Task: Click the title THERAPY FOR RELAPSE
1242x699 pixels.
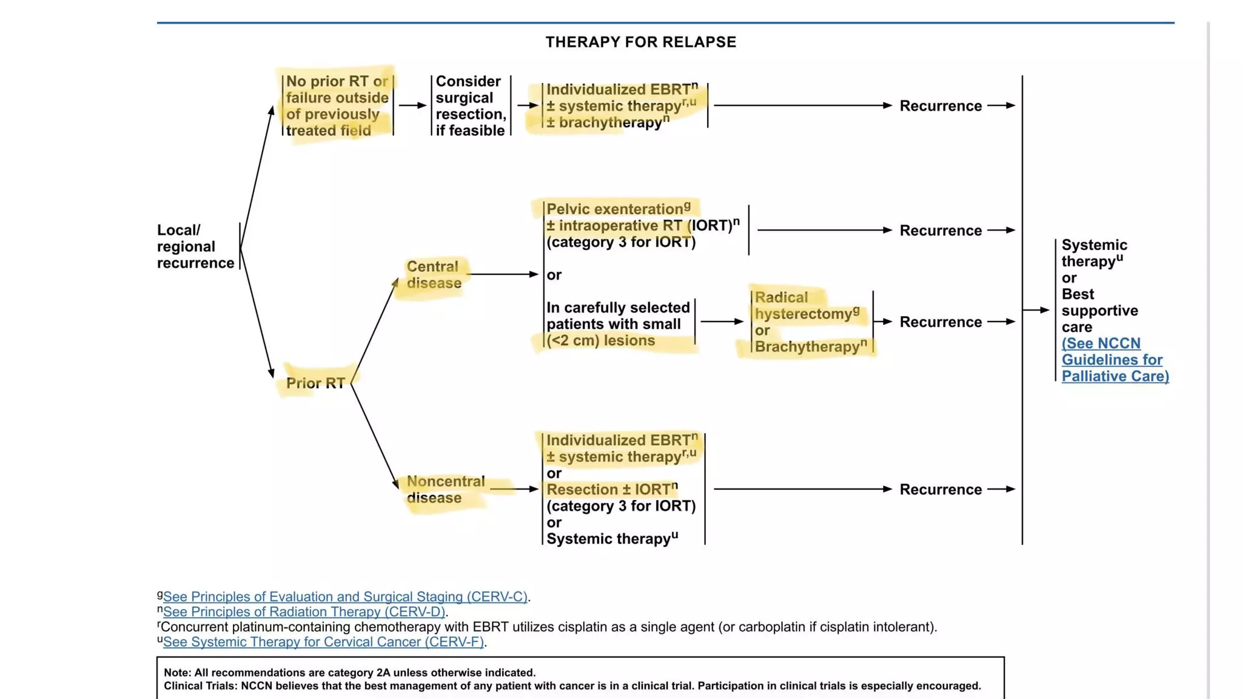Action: (x=640, y=42)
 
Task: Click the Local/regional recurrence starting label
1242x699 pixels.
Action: (x=195, y=246)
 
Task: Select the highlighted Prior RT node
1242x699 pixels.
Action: (x=315, y=383)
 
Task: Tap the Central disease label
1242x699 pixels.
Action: (x=433, y=275)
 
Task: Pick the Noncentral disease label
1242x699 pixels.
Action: (x=445, y=490)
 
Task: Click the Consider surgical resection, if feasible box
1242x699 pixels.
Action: (x=471, y=106)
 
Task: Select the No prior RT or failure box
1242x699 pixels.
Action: (x=337, y=106)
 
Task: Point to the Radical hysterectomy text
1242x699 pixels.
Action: (x=803, y=306)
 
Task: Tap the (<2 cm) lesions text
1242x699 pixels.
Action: (x=600, y=340)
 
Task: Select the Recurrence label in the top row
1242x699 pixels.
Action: (x=940, y=106)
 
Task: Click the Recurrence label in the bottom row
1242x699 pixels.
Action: (x=940, y=490)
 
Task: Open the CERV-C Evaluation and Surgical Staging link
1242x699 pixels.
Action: (x=344, y=597)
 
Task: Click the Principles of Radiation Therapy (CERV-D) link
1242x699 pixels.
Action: (x=303, y=612)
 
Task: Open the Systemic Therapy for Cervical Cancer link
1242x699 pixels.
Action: (x=323, y=642)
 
